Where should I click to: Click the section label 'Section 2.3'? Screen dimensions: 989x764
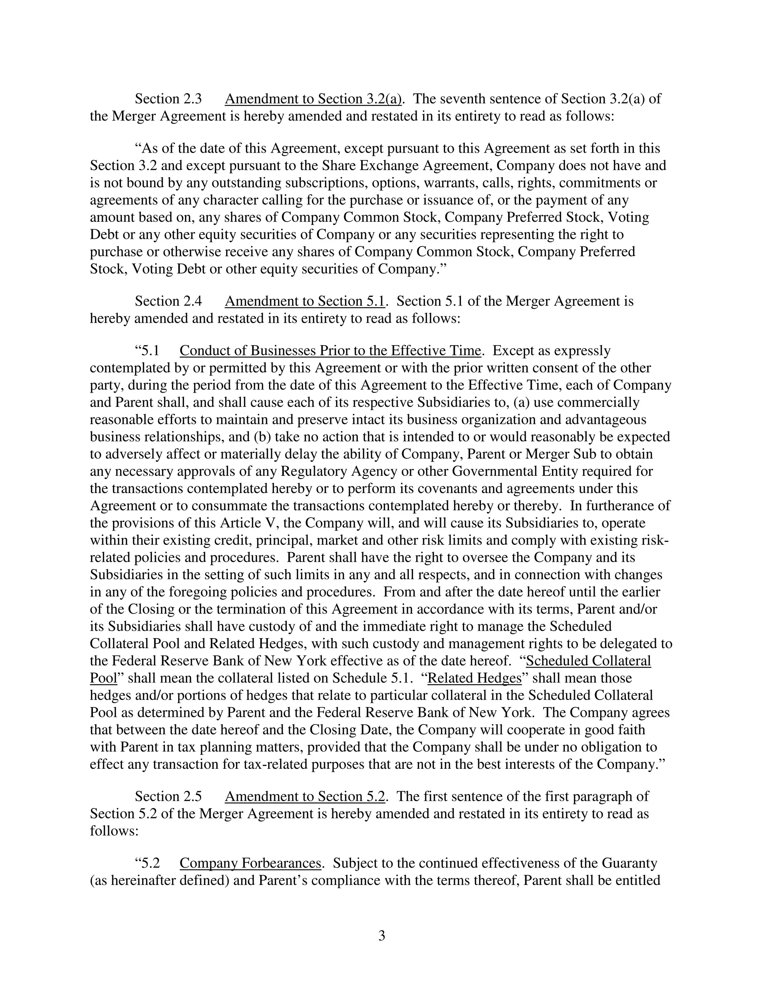tap(168, 99)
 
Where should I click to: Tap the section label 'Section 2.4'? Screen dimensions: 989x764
tap(168, 301)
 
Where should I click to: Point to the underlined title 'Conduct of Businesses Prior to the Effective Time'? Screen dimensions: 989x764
tap(330, 351)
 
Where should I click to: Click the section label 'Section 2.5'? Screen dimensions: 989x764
tap(168, 796)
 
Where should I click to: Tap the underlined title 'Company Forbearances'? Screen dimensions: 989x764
tap(250, 864)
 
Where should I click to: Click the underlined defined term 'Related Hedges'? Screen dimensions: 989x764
tap(475, 678)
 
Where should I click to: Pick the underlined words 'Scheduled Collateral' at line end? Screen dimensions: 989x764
tap(588, 661)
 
